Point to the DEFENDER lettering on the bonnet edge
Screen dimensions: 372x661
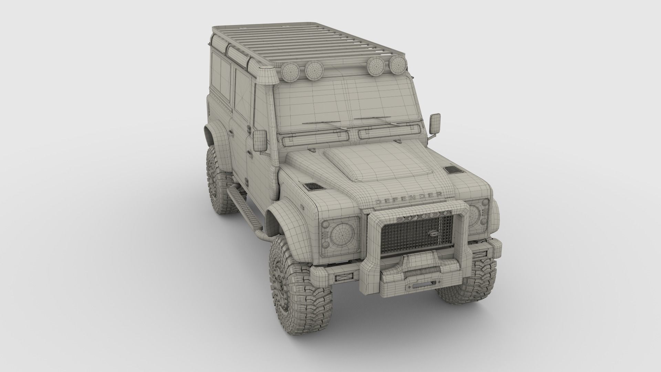409,199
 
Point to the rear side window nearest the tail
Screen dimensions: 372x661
217,76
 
